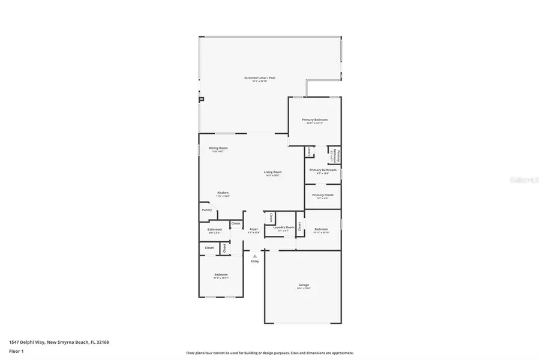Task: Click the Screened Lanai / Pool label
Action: pyautogui.click(x=259, y=78)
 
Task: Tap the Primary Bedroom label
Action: pyautogui.click(x=314, y=120)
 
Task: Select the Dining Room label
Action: pyautogui.click(x=218, y=148)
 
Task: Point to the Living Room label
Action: pyautogui.click(x=273, y=172)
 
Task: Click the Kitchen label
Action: pyautogui.click(x=223, y=193)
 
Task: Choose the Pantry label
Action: pyautogui.click(x=207, y=210)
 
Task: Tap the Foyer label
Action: pyautogui.click(x=253, y=229)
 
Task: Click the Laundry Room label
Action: pyautogui.click(x=283, y=227)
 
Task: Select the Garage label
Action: pyautogui.click(x=304, y=285)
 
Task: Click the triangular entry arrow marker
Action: pyautogui.click(x=254, y=256)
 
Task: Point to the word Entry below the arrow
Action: pyautogui.click(x=254, y=261)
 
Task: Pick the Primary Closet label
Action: pyautogui.click(x=322, y=195)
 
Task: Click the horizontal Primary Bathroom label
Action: pyautogui.click(x=323, y=170)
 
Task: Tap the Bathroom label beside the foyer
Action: pyautogui.click(x=215, y=229)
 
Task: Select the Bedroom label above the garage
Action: pyautogui.click(x=321, y=229)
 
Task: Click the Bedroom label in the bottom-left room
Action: pyautogui.click(x=221, y=275)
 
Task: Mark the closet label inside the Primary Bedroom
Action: pyautogui.click(x=310, y=152)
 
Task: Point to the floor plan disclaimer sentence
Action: pyautogui.click(x=270, y=353)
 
